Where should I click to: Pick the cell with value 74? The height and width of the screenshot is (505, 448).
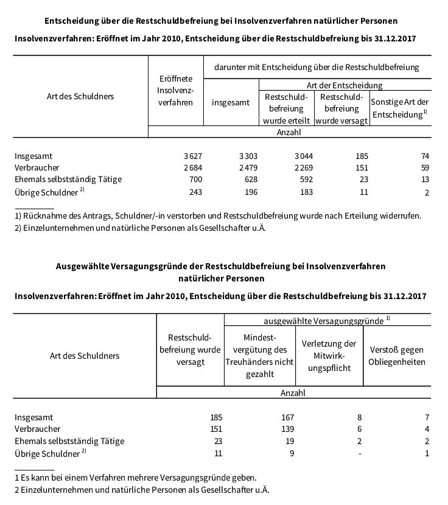(x=424, y=156)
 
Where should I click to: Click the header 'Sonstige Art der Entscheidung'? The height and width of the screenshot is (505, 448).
(x=400, y=108)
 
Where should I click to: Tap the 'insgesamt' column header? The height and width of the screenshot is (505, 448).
(x=231, y=102)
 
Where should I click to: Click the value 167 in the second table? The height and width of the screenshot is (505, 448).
(x=287, y=417)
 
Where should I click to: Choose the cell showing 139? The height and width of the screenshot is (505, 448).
(x=287, y=429)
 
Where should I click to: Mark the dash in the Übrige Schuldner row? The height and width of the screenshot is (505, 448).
(x=361, y=453)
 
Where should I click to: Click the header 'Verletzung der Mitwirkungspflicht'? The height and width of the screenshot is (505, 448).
(x=329, y=356)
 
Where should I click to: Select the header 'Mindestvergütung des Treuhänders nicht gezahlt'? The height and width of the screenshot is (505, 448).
(x=259, y=356)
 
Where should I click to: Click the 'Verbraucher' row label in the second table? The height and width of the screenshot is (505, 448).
(x=38, y=429)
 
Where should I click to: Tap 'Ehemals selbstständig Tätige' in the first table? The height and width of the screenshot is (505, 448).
(x=68, y=179)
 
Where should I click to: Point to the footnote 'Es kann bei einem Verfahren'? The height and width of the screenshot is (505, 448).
(x=135, y=477)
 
